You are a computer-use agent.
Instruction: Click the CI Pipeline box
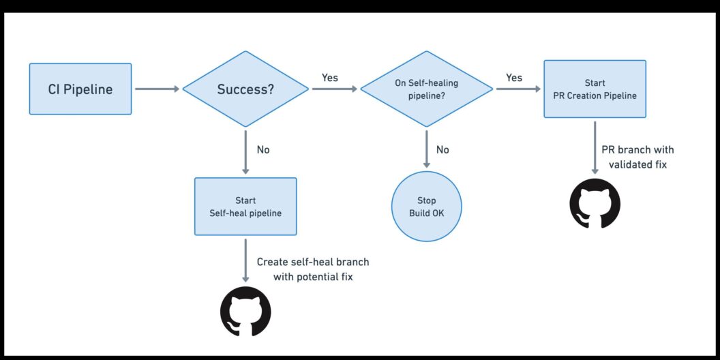point(80,89)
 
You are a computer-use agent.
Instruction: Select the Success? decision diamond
point(245,89)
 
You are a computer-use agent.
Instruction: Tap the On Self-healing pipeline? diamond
point(426,89)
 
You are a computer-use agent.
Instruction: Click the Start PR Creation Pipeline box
point(595,89)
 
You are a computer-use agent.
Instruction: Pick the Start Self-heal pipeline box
point(245,206)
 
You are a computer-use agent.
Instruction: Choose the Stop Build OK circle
point(426,207)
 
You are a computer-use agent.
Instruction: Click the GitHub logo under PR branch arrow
point(595,203)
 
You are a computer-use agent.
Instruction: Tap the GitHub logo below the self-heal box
point(245,312)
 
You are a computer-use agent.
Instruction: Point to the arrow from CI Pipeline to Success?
point(157,89)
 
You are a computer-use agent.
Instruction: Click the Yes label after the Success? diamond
point(330,78)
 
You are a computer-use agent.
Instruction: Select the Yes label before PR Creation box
point(514,78)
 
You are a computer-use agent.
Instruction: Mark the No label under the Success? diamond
point(264,149)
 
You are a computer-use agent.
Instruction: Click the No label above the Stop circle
point(442,149)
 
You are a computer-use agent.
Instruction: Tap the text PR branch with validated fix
point(637,157)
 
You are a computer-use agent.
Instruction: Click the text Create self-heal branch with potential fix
point(313,269)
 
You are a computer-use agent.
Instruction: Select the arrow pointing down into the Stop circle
point(426,149)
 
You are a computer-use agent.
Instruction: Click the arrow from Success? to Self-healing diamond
point(334,89)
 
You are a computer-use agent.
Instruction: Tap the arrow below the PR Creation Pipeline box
point(595,147)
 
